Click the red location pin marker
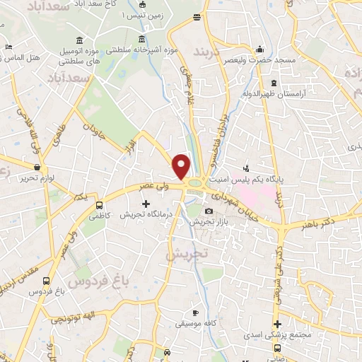(182, 165)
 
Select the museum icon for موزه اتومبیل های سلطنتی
(76, 39)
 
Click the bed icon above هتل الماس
(8, 47)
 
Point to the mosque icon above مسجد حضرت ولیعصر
(262, 49)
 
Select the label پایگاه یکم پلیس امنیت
(279, 181)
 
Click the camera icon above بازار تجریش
(209, 211)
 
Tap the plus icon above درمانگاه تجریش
(146, 204)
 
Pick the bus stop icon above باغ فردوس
(47, 279)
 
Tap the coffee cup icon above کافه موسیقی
(195, 313)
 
